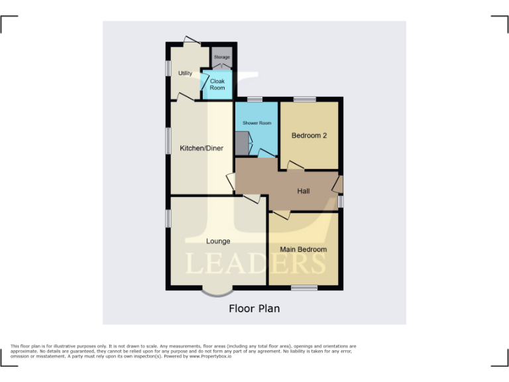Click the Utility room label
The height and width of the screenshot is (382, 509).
pyautogui.click(x=185, y=73)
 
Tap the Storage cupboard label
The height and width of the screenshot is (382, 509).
pyautogui.click(x=222, y=58)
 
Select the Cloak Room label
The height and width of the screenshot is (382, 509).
pyautogui.click(x=217, y=84)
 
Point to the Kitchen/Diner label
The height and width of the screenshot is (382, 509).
pyautogui.click(x=201, y=148)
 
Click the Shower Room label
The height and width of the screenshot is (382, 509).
pyautogui.click(x=256, y=123)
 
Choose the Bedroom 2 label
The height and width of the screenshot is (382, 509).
pyautogui.click(x=310, y=136)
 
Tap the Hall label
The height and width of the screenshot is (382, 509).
pyautogui.click(x=304, y=191)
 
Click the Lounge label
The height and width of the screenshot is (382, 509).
pyautogui.click(x=217, y=241)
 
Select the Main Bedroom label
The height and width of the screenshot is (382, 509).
pyautogui.click(x=303, y=249)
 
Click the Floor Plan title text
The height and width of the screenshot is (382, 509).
pyautogui.click(x=254, y=308)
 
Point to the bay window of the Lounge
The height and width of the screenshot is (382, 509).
pyautogui.click(x=217, y=291)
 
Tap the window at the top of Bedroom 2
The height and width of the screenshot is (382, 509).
pyautogui.click(x=305, y=99)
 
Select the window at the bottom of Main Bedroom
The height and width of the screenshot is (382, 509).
pyautogui.click(x=304, y=287)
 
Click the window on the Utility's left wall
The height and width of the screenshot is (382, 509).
pyautogui.click(x=168, y=68)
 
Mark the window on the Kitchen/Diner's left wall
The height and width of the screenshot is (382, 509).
pyautogui.click(x=168, y=141)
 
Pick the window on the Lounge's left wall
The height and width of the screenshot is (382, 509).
pyautogui.click(x=168, y=218)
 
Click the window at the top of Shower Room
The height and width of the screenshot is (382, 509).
pyautogui.click(x=255, y=99)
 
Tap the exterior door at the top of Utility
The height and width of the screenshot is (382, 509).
pyautogui.click(x=192, y=40)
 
